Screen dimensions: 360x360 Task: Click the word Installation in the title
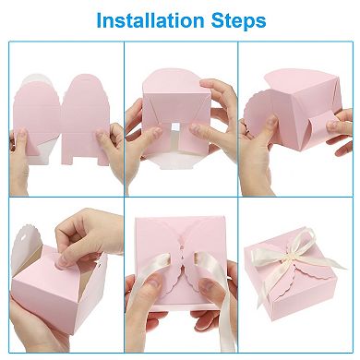point(151,19)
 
